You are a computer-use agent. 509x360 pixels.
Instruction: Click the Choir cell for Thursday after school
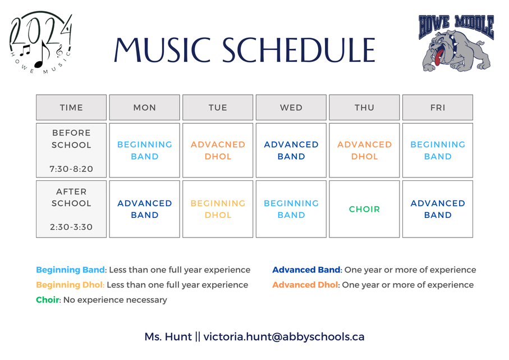[364, 209]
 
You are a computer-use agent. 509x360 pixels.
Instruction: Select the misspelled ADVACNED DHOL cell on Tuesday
[218, 150]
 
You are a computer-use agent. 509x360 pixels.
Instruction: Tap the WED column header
[291, 107]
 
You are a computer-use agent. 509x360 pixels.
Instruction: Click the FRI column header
[438, 107]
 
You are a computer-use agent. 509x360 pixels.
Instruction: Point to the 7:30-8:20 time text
[71, 169]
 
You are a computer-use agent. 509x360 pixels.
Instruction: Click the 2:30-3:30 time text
[71, 227]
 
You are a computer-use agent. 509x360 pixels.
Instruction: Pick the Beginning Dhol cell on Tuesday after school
[218, 209]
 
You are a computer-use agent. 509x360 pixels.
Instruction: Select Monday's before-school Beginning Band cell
[144, 150]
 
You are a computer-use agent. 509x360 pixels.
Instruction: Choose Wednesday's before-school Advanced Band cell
[291, 150]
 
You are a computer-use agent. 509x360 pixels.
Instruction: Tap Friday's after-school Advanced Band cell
[438, 209]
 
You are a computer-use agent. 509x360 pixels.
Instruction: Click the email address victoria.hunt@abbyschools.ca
[284, 336]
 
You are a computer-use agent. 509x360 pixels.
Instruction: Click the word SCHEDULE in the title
[299, 50]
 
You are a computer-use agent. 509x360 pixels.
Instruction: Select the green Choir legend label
[47, 299]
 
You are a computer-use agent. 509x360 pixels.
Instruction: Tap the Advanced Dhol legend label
[305, 285]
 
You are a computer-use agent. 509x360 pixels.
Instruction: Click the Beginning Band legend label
[70, 270]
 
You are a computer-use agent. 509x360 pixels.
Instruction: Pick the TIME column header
[71, 107]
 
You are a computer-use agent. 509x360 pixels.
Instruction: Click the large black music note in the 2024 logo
[42, 55]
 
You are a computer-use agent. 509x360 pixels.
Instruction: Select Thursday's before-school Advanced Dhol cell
[364, 150]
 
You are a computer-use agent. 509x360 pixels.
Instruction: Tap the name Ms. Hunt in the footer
[168, 336]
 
